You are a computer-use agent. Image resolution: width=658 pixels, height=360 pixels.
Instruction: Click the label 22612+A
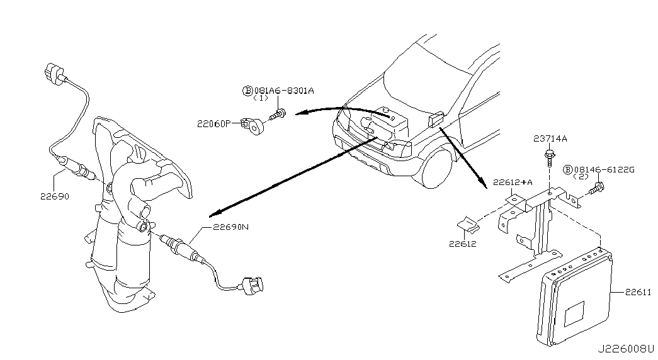point(513,182)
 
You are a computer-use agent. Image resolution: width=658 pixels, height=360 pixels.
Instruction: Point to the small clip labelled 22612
point(467,223)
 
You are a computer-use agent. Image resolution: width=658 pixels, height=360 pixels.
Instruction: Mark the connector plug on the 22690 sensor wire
point(55,72)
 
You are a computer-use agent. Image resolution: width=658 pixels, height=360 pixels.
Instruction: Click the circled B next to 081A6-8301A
point(247,91)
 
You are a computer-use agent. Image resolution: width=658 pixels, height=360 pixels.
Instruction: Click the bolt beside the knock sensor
point(278,115)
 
